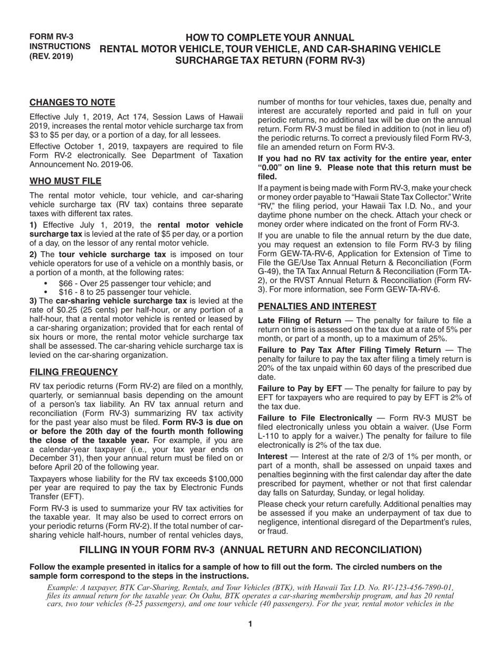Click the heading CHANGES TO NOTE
tap(72, 102)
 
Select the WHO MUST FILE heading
tap(65, 182)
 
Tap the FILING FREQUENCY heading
tap(73, 372)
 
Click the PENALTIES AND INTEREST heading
tap(317, 307)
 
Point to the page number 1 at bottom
tap(250, 624)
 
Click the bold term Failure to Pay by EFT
tap(300, 389)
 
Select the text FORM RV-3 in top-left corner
tap(51, 37)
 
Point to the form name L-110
tap(269, 436)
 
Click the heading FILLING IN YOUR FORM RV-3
tap(250, 550)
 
